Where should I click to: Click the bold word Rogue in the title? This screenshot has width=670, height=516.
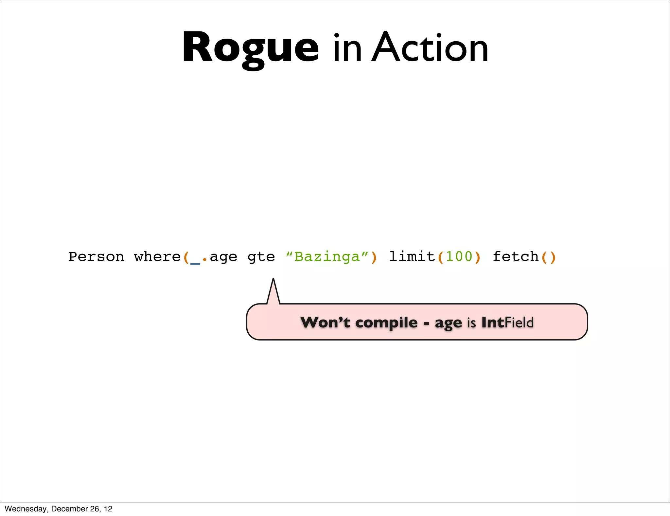point(250,47)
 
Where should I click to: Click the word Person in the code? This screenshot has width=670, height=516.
point(96,257)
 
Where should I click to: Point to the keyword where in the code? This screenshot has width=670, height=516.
point(157,257)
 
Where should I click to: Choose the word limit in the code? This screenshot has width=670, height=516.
point(412,256)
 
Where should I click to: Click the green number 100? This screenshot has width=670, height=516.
point(459,256)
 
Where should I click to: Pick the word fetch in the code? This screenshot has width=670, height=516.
point(516,256)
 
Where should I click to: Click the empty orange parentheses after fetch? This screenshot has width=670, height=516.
point(549,257)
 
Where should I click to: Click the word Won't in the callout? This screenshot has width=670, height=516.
point(325,322)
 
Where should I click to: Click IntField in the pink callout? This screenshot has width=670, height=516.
point(507,322)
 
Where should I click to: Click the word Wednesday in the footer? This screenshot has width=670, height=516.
point(26,509)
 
